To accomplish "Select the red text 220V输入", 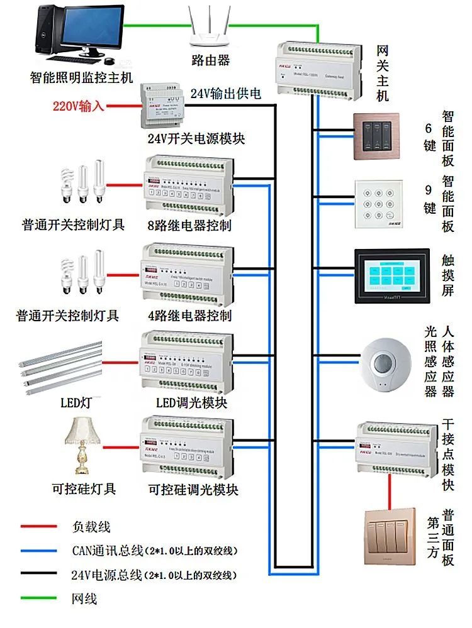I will tap(81, 106).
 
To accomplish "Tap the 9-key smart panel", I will tap(377, 204).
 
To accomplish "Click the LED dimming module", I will tap(186, 362).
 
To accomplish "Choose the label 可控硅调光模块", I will tap(193, 489).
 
